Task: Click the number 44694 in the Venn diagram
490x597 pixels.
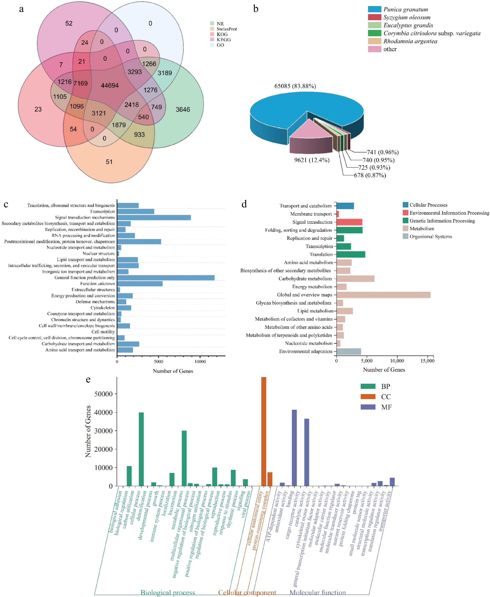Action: (110, 85)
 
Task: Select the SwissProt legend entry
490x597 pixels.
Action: (226, 29)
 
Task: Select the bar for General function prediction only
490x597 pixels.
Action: (166, 277)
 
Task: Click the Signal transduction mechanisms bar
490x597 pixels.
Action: (154, 217)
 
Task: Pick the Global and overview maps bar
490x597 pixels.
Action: (383, 295)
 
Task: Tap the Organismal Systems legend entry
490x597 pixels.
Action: (430, 237)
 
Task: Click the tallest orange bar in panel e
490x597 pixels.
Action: (264, 432)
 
